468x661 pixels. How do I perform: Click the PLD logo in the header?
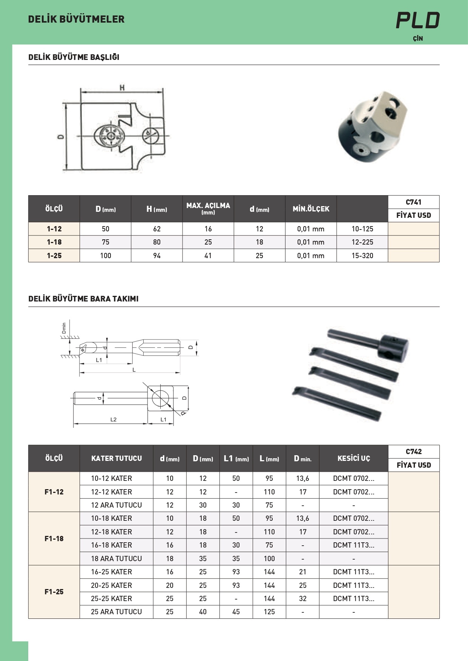click(418, 21)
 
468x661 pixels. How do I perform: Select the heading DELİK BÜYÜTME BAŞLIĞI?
click(74, 57)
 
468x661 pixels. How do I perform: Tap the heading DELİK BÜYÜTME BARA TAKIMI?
click(83, 299)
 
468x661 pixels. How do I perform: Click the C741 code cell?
click(413, 202)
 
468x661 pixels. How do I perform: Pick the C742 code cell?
click(413, 451)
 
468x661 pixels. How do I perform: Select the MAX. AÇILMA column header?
click(208, 208)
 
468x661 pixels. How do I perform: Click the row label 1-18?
click(54, 242)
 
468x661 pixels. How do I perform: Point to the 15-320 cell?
click(362, 256)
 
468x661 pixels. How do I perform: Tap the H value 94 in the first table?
click(157, 256)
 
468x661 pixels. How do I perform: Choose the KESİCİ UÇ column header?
click(353, 458)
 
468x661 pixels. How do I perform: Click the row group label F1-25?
click(54, 592)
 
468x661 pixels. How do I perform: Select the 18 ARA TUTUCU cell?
click(116, 558)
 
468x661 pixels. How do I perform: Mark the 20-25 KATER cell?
click(111, 585)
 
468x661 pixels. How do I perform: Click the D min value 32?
click(302, 598)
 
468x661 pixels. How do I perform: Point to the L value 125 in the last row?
click(269, 612)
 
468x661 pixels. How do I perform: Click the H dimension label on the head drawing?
click(122, 88)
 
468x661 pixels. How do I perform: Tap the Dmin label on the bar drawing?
click(64, 328)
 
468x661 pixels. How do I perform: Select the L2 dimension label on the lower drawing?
click(113, 419)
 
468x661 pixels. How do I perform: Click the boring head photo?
click(372, 126)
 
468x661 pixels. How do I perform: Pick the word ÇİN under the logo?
click(417, 38)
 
